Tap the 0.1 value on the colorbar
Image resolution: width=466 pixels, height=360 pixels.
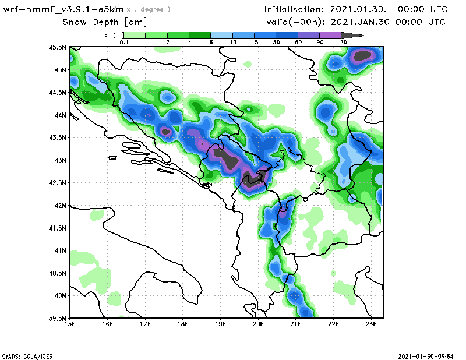click(x=123, y=43)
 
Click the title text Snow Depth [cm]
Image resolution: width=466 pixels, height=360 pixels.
click(x=105, y=22)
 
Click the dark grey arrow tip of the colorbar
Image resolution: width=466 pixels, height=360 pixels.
click(x=358, y=36)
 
